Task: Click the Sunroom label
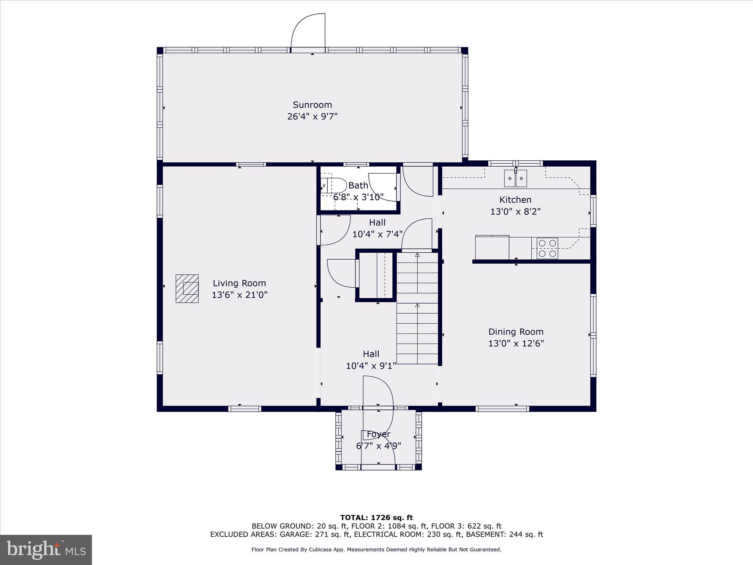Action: point(312,105)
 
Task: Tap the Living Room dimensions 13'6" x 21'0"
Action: point(239,295)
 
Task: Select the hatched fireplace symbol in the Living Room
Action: point(187,289)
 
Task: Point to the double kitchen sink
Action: point(515,178)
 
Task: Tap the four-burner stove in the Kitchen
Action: point(547,248)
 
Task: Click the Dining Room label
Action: point(515,332)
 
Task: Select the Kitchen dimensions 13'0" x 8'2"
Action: point(515,212)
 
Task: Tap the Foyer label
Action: point(378,434)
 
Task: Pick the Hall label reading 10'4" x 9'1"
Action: point(371,366)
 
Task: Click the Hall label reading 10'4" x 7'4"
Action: point(377,234)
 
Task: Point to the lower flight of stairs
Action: point(417,333)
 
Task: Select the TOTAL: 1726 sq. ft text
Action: point(376,518)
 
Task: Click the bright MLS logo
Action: point(46,550)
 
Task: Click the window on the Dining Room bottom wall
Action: point(502,409)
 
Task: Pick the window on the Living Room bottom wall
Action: point(245,409)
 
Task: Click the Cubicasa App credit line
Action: point(376,550)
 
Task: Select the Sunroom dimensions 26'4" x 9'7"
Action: point(312,117)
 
